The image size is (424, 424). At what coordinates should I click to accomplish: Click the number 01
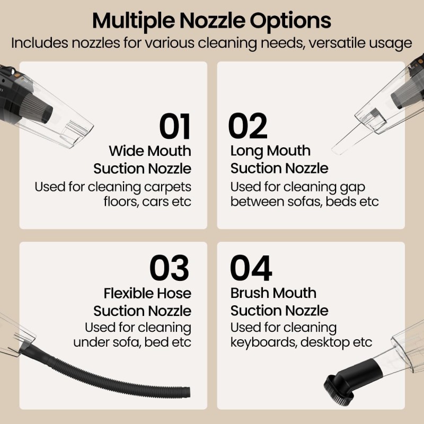175,126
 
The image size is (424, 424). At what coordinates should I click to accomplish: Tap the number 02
248,126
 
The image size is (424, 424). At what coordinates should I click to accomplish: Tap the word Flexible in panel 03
125,293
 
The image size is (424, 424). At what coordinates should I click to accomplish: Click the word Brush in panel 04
249,293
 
